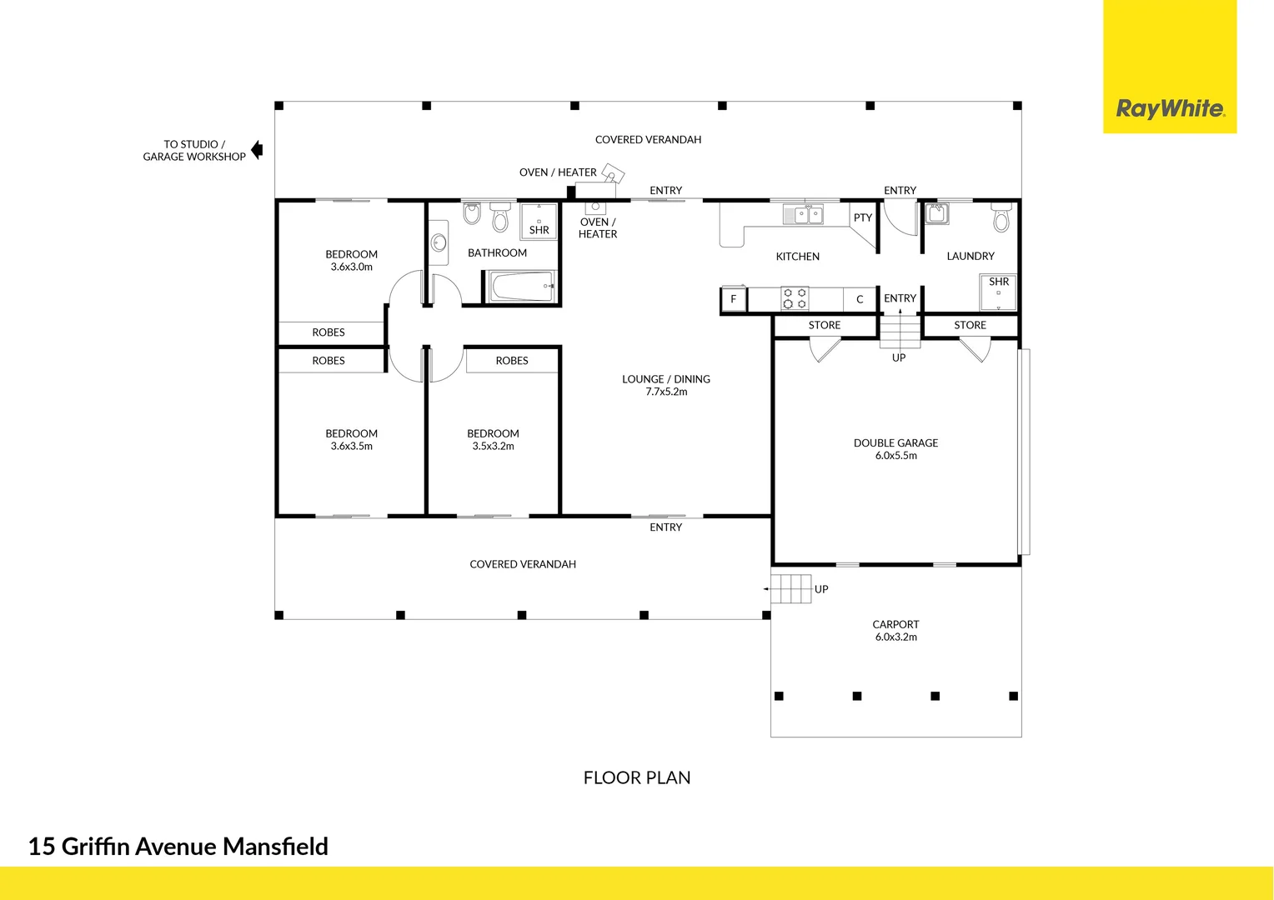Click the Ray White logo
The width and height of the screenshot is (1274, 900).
point(1170,108)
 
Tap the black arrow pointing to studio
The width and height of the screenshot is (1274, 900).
point(257,150)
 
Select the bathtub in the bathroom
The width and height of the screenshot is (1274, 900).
point(521,287)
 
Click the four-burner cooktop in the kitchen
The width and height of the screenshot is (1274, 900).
point(795,298)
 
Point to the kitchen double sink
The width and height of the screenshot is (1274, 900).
point(804,215)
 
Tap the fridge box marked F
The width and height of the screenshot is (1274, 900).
point(734,299)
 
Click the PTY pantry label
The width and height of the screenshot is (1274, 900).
point(862,217)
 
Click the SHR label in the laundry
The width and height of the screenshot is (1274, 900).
point(999,282)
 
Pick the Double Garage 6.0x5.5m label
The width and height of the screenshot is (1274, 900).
point(895,449)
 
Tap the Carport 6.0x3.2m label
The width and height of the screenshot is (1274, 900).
point(895,630)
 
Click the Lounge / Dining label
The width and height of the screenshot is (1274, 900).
point(666,385)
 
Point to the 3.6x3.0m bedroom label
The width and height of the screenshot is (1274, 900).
point(351,260)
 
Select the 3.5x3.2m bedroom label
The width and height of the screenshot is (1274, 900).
point(493,439)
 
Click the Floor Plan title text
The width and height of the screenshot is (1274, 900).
point(637,777)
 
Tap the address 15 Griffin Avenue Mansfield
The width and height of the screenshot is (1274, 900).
point(178,847)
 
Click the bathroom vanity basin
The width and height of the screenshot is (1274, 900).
point(439,243)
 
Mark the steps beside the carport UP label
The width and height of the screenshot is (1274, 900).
point(791,589)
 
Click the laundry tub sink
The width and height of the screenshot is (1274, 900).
point(936,213)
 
